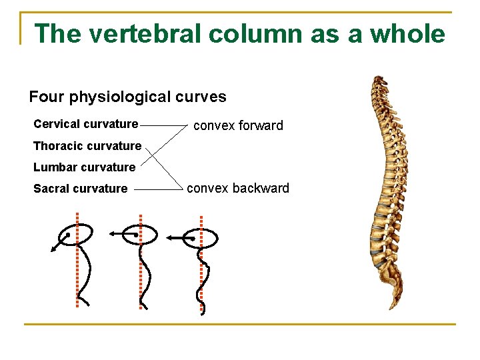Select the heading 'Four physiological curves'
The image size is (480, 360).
(x=127, y=97)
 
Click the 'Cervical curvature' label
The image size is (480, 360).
(x=85, y=124)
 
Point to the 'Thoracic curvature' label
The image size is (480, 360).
(x=87, y=146)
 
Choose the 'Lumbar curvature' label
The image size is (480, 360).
(x=84, y=167)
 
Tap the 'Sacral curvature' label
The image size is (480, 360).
(x=80, y=189)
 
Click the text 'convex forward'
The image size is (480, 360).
(x=238, y=125)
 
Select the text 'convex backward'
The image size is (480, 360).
(x=238, y=188)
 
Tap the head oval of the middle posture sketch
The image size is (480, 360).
(x=141, y=234)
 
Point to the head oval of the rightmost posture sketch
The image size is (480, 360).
(x=202, y=237)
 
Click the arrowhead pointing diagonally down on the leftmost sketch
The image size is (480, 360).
(x=53, y=250)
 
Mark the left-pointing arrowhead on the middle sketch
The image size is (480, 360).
(x=112, y=234)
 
